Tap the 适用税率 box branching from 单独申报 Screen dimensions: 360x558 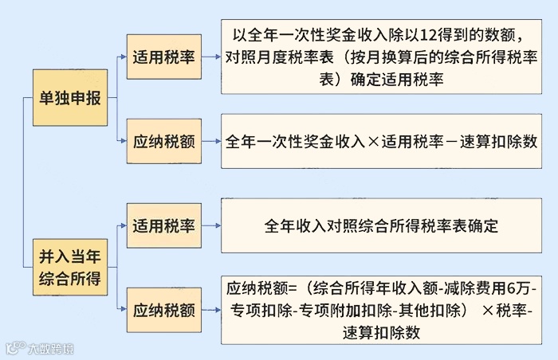coord(164,57)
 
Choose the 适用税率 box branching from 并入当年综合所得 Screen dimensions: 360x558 coord(164,225)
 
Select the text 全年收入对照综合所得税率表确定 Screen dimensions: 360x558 coord(381,225)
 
